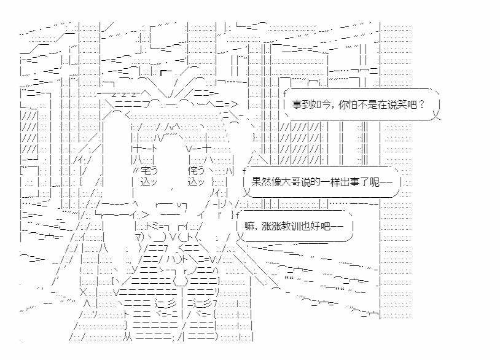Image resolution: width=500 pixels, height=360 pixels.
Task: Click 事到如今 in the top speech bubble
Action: [311, 104]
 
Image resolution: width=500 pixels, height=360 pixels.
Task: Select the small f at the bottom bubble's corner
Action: [235, 213]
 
